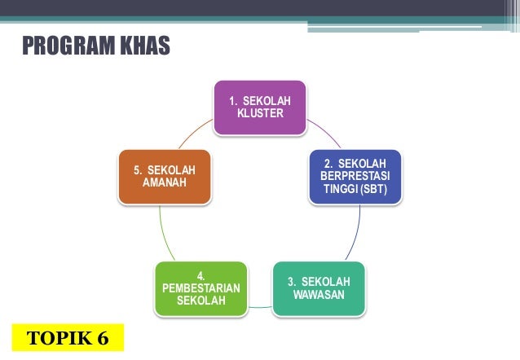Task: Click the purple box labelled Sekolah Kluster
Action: pyautogui.click(x=260, y=107)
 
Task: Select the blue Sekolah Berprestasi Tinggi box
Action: pyautogui.click(x=355, y=177)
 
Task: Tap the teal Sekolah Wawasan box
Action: pyautogui.click(x=319, y=288)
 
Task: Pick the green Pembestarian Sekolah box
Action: pyautogui.click(x=201, y=288)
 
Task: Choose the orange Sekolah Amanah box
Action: pyautogui.click(x=164, y=176)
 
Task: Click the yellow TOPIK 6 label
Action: pyautogui.click(x=68, y=337)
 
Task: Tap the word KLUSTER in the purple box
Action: pyautogui.click(x=260, y=113)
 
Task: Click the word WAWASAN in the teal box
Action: pyautogui.click(x=319, y=294)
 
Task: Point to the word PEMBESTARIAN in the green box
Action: pyautogui.click(x=201, y=288)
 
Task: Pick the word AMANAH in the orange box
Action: pyautogui.click(x=164, y=182)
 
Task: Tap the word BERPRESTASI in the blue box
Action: pyautogui.click(x=355, y=177)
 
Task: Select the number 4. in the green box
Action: pyautogui.click(x=201, y=276)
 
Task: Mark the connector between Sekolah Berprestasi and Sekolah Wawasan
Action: pyautogui.click(x=357, y=236)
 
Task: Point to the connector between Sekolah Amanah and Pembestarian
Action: pyautogui.click(x=163, y=236)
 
